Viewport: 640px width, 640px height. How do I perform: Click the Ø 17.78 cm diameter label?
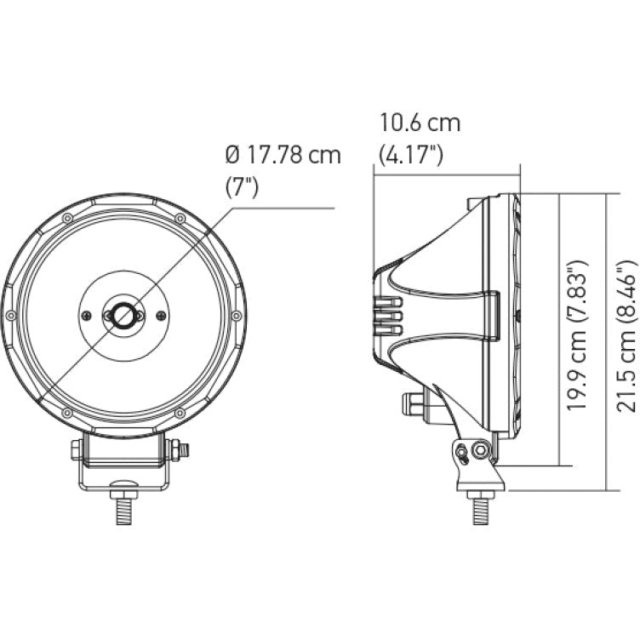click(x=283, y=155)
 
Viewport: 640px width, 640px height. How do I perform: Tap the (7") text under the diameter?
click(x=242, y=187)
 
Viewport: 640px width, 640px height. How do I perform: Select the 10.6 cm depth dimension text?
click(x=420, y=123)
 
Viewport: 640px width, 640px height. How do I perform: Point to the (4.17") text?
click(x=411, y=155)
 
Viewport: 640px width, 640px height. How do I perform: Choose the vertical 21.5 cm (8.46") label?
click(x=628, y=338)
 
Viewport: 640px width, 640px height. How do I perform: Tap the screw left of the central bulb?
click(x=87, y=315)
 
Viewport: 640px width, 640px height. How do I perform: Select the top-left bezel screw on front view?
click(x=66, y=220)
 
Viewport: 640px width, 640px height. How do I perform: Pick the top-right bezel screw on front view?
click(x=180, y=219)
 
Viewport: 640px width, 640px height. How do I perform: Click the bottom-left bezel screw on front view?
click(x=66, y=414)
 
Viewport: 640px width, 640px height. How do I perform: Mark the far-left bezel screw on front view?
click(x=10, y=316)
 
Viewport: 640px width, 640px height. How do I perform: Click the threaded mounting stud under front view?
click(x=124, y=508)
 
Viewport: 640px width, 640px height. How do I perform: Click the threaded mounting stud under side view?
click(x=482, y=509)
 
